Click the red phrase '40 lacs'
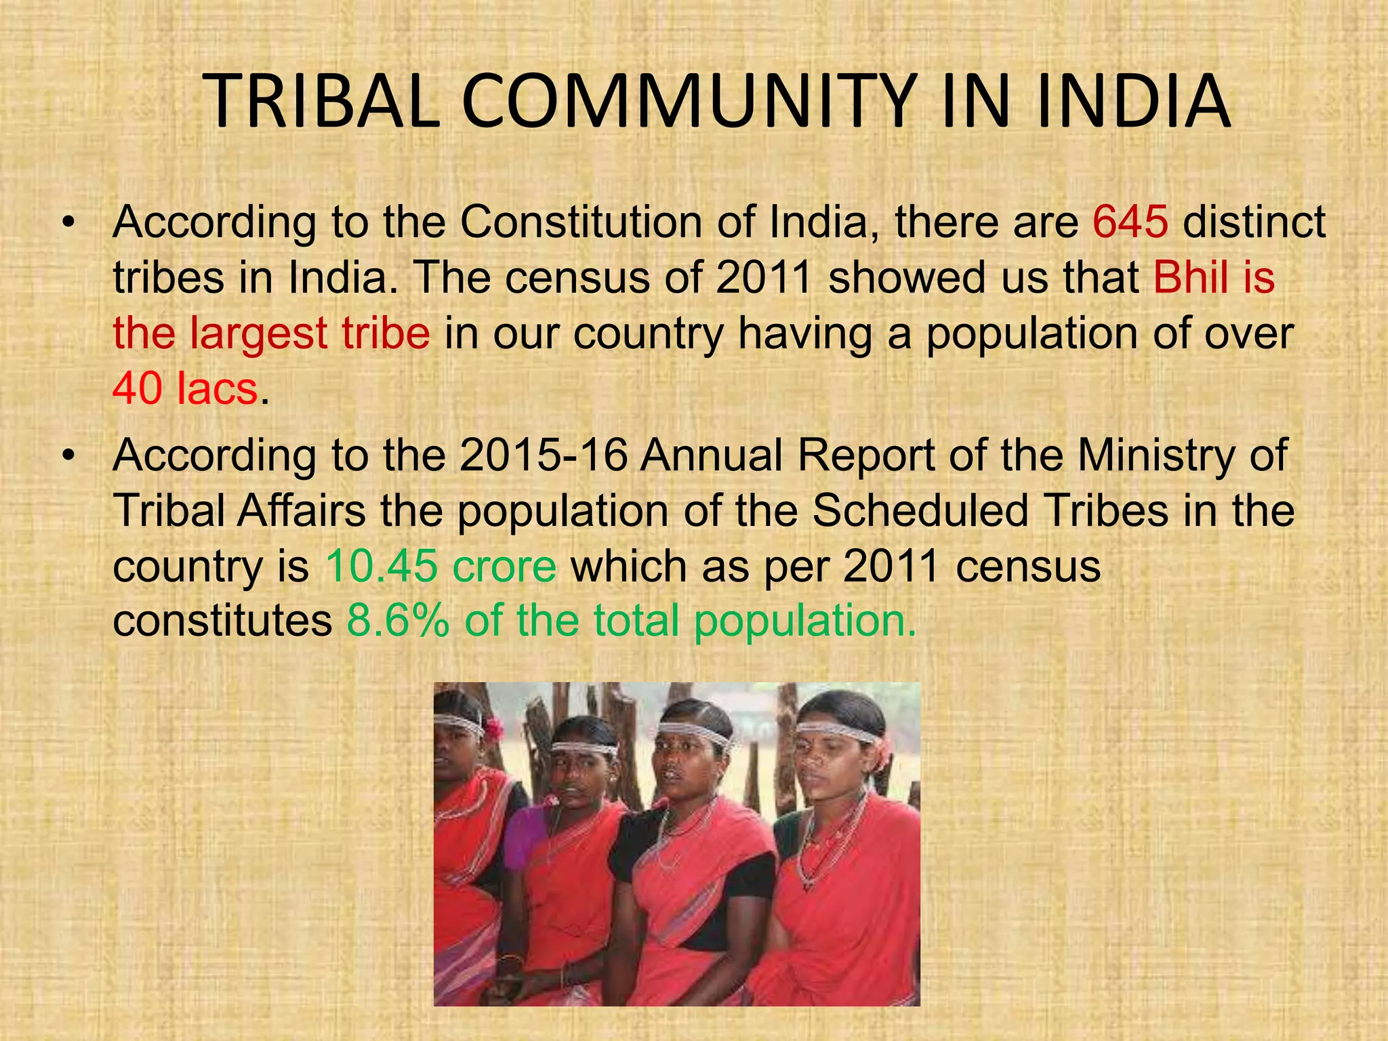click(185, 388)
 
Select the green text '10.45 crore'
click(441, 566)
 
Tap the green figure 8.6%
click(397, 621)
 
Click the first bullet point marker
click(68, 224)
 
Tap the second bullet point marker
click(68, 457)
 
